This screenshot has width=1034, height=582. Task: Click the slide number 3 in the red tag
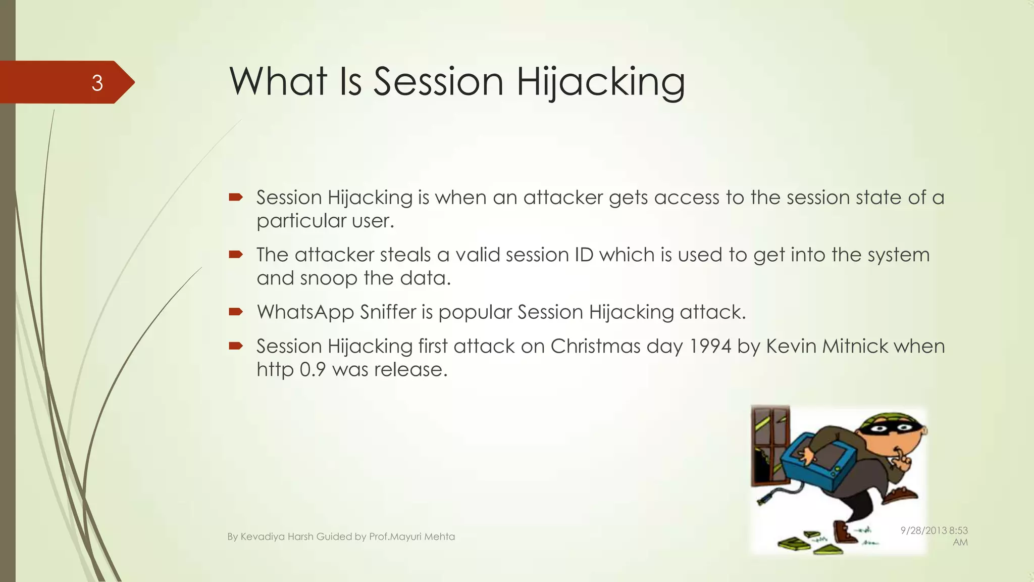tap(97, 83)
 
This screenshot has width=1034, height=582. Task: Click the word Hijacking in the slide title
tap(600, 82)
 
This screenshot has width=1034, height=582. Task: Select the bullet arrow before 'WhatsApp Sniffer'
tap(236, 312)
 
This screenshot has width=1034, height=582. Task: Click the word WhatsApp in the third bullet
tap(305, 312)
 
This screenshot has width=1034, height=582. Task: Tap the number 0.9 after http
tap(313, 369)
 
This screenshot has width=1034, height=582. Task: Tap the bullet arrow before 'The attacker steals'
tap(236, 254)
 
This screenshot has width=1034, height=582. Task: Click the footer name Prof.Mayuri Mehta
tap(411, 537)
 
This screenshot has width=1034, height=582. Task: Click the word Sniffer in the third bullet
tap(395, 312)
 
